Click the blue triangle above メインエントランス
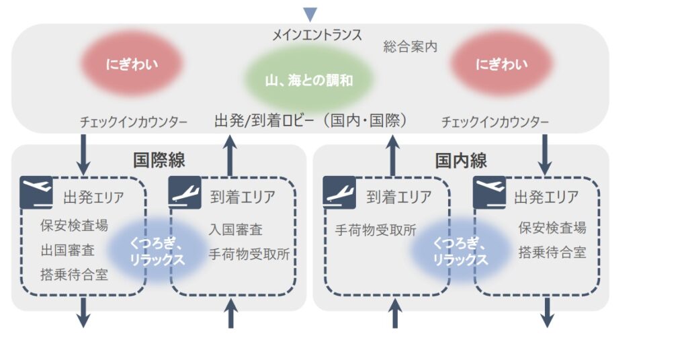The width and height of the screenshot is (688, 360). pyautogui.click(x=310, y=13)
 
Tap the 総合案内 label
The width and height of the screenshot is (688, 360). pyautogui.click(x=411, y=46)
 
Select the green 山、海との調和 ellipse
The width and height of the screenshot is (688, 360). pyautogui.click(x=309, y=80)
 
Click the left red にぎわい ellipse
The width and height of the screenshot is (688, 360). pyautogui.click(x=132, y=64)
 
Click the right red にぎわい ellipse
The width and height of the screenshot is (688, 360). pyautogui.click(x=501, y=64)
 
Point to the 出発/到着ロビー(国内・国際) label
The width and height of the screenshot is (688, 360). pyautogui.click(x=311, y=120)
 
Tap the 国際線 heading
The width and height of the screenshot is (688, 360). pyautogui.click(x=159, y=160)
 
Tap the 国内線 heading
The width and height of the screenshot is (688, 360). pyautogui.click(x=461, y=161)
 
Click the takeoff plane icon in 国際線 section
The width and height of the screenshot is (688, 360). pyautogui.click(x=36, y=192)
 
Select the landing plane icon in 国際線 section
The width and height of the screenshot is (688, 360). pyautogui.click(x=185, y=192)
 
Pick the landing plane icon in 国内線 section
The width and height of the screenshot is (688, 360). pyautogui.click(x=339, y=192)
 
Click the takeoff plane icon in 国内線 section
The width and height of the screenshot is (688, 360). pyautogui.click(x=489, y=192)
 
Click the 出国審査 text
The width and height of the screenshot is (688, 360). pyautogui.click(x=68, y=251)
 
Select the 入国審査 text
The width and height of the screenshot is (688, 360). pyautogui.click(x=236, y=229)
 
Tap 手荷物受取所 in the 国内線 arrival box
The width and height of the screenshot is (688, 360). pyautogui.click(x=376, y=230)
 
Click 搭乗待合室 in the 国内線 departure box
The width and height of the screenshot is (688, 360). pyautogui.click(x=552, y=252)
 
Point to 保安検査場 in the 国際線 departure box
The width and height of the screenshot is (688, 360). pyautogui.click(x=74, y=226)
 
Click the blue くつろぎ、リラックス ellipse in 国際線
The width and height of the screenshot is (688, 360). pyautogui.click(x=157, y=251)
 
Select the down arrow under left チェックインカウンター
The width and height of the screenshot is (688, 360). pyautogui.click(x=83, y=154)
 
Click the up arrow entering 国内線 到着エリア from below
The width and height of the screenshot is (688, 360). pyautogui.click(x=395, y=314)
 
